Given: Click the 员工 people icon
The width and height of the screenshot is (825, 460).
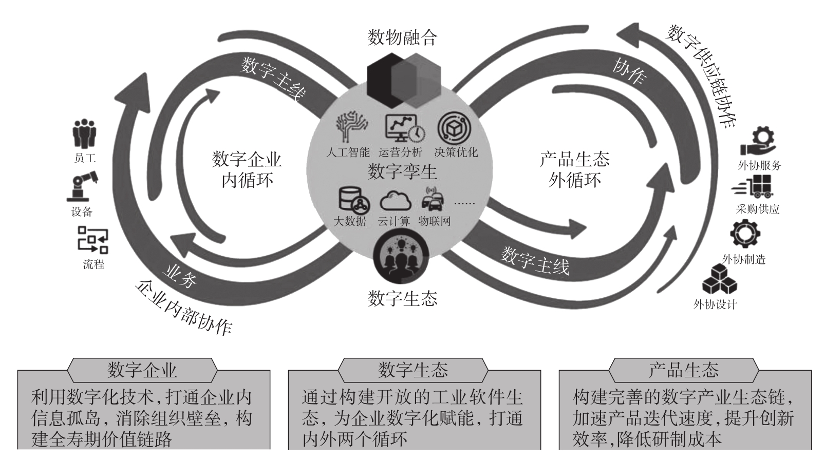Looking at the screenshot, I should pyautogui.click(x=84, y=135).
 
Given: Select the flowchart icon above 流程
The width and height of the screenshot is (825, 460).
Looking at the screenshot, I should pyautogui.click(x=93, y=241).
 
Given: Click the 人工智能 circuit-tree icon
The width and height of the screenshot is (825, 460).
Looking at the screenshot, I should pyautogui.click(x=351, y=127).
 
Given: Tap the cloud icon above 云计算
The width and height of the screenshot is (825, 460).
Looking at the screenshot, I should pyautogui.click(x=395, y=201).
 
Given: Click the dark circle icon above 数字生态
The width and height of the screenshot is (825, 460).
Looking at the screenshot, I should pyautogui.click(x=402, y=256).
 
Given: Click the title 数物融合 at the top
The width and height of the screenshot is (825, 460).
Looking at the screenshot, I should pyautogui.click(x=402, y=37).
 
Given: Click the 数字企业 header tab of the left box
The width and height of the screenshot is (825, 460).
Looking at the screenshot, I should pyautogui.click(x=142, y=370).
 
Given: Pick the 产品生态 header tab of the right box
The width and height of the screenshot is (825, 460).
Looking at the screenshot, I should pyautogui.click(x=684, y=370).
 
